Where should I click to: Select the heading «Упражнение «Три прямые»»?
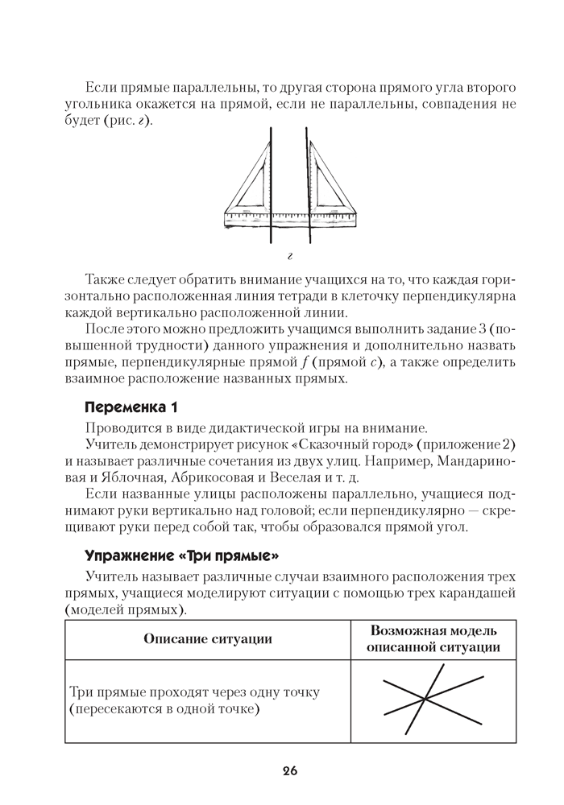(x=182, y=555)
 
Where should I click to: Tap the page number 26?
(x=290, y=771)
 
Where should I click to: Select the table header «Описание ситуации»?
(x=207, y=638)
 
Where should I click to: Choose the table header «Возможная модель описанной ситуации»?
(x=433, y=638)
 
